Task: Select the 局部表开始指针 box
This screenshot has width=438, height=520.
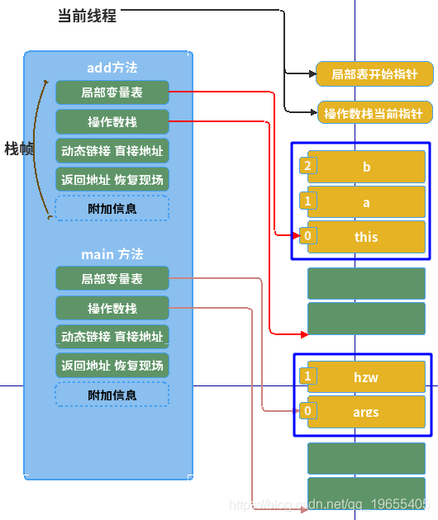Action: pyautogui.click(x=374, y=74)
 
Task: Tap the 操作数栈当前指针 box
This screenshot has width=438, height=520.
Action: pyautogui.click(x=374, y=113)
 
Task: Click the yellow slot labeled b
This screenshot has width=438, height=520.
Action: pyautogui.click(x=366, y=167)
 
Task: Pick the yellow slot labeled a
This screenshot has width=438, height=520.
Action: pyautogui.click(x=366, y=201)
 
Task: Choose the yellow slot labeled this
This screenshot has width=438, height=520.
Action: pyautogui.click(x=366, y=237)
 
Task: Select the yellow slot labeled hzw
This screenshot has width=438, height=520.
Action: pyautogui.click(x=366, y=377)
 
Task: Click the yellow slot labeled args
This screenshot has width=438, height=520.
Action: pyautogui.click(x=366, y=412)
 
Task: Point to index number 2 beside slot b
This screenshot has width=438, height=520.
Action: pyautogui.click(x=308, y=166)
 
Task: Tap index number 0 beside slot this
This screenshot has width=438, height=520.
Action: pyautogui.click(x=308, y=236)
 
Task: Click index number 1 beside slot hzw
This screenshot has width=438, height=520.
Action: pyautogui.click(x=308, y=376)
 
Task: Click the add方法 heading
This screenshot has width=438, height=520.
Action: pyautogui.click(x=112, y=68)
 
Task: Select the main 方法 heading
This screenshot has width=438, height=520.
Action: pyautogui.click(x=112, y=254)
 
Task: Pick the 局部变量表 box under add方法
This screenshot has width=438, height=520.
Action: pyautogui.click(x=112, y=92)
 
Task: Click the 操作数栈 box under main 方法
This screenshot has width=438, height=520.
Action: pyautogui.click(x=112, y=309)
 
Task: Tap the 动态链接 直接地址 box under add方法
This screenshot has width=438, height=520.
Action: pyautogui.click(x=112, y=151)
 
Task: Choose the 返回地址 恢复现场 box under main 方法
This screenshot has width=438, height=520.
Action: pyautogui.click(x=112, y=366)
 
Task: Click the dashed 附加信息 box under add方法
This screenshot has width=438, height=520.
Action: pyautogui.click(x=112, y=208)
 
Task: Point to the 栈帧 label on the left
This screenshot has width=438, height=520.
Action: pyautogui.click(x=18, y=149)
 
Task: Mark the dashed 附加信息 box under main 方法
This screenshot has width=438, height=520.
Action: pyautogui.click(x=112, y=395)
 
